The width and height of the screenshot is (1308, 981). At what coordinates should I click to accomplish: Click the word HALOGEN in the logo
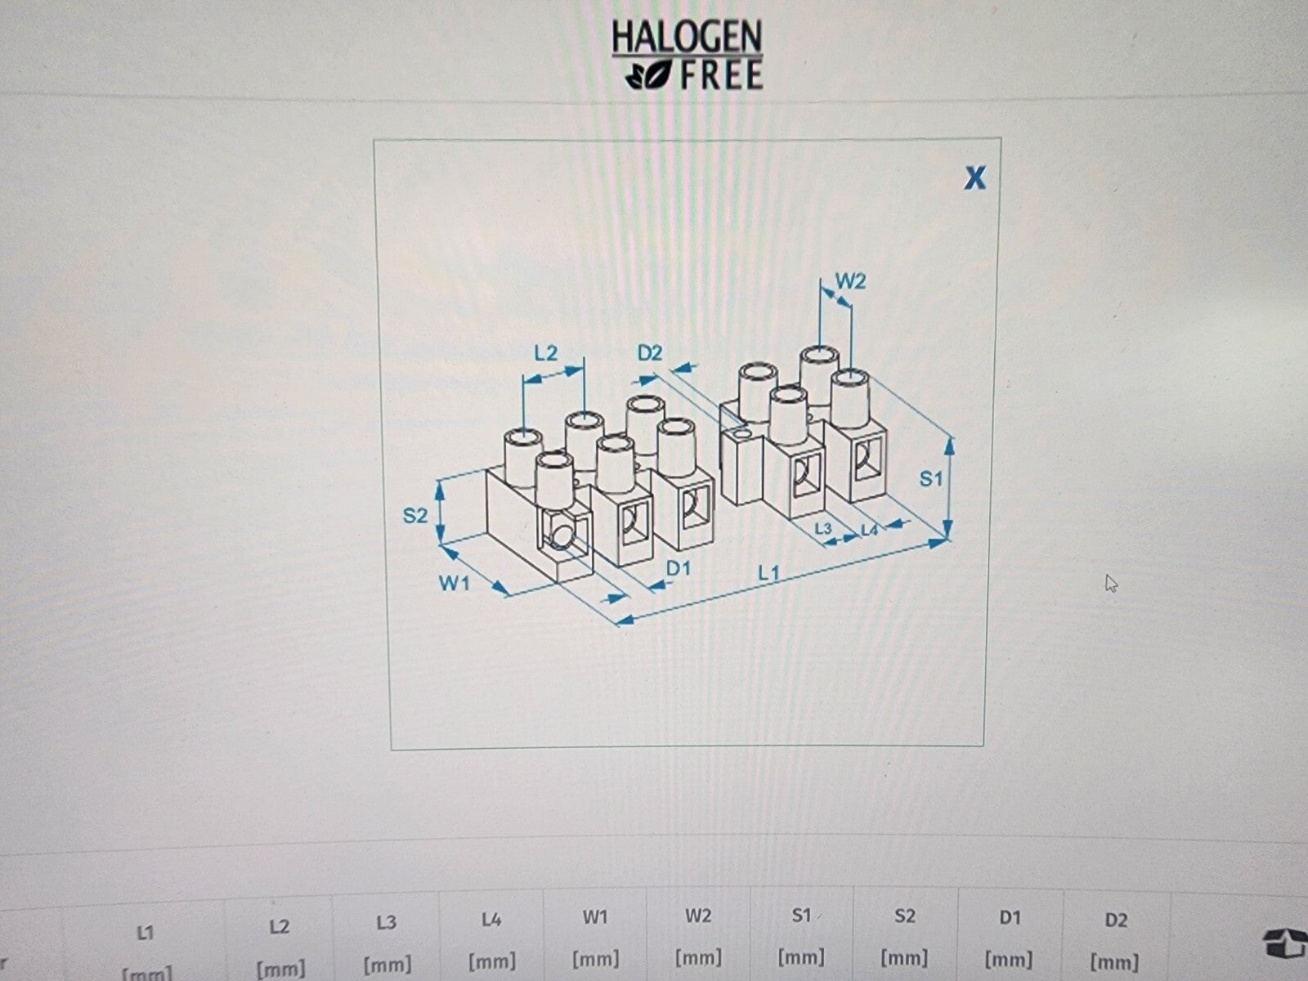(x=687, y=36)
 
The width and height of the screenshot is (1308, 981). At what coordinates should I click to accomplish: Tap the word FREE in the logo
(x=722, y=75)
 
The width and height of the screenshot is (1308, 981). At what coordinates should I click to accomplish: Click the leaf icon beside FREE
(x=648, y=76)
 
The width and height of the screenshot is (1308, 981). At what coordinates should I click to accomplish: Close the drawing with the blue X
(x=975, y=177)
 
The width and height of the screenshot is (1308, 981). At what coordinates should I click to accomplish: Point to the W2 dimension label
(x=850, y=280)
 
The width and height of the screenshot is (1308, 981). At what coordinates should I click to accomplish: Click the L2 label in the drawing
(x=546, y=353)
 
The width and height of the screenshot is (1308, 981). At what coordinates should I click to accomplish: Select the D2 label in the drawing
(x=650, y=353)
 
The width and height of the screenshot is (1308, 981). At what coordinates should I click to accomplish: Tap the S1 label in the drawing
(x=931, y=478)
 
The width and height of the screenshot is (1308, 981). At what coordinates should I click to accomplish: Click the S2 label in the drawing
(x=414, y=515)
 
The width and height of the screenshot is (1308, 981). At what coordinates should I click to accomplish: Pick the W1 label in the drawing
(x=454, y=583)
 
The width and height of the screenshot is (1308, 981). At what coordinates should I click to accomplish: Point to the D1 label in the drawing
(x=679, y=569)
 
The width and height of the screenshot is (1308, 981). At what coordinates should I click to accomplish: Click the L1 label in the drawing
(x=768, y=574)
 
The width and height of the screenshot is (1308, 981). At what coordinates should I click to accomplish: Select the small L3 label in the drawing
(x=823, y=528)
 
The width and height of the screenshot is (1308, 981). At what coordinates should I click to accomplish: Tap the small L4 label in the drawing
(x=870, y=530)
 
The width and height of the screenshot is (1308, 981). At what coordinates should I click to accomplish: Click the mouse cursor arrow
(x=1111, y=583)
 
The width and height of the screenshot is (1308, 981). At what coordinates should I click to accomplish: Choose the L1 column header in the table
(x=146, y=933)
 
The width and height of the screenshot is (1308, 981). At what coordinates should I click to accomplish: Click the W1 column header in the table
(x=594, y=918)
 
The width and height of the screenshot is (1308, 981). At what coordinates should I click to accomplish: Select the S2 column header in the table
(x=904, y=916)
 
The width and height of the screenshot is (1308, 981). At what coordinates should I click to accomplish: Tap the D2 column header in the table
(x=1116, y=921)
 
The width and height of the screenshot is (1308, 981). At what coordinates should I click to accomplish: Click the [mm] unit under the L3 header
(x=387, y=964)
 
